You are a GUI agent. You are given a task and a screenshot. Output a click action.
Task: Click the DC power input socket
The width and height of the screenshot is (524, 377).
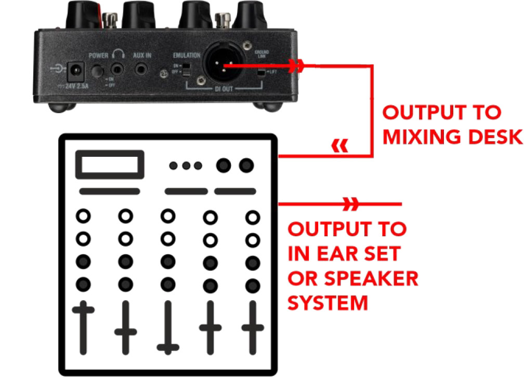point(77,69)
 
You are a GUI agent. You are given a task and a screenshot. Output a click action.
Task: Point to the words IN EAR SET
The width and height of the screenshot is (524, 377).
point(344,253)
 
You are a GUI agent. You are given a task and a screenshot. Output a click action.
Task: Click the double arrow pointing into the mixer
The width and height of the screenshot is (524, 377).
point(340,147)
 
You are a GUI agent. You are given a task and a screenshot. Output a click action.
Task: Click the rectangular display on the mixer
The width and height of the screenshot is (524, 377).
point(110,165)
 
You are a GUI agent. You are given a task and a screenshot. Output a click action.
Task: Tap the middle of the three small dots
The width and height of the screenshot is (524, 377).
point(186,166)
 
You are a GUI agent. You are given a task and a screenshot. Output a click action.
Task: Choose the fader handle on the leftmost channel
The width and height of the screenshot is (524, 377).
point(83,310)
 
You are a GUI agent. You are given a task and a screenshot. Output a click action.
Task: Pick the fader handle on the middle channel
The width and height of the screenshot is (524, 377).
point(167,347)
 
